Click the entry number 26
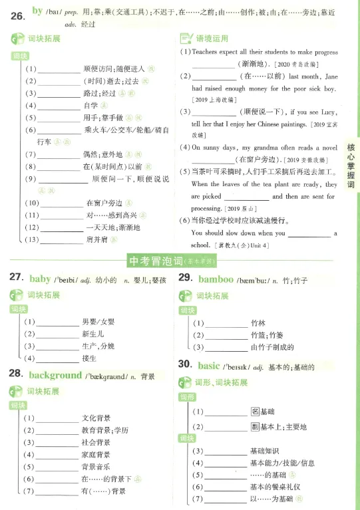pyautogui.click(x=18, y=13)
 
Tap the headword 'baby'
pyautogui.click(x=40, y=278)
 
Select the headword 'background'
pyautogui.click(x=55, y=375)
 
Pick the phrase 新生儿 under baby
pyautogui.click(x=93, y=334)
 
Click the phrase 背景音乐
pyautogui.click(x=96, y=466)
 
